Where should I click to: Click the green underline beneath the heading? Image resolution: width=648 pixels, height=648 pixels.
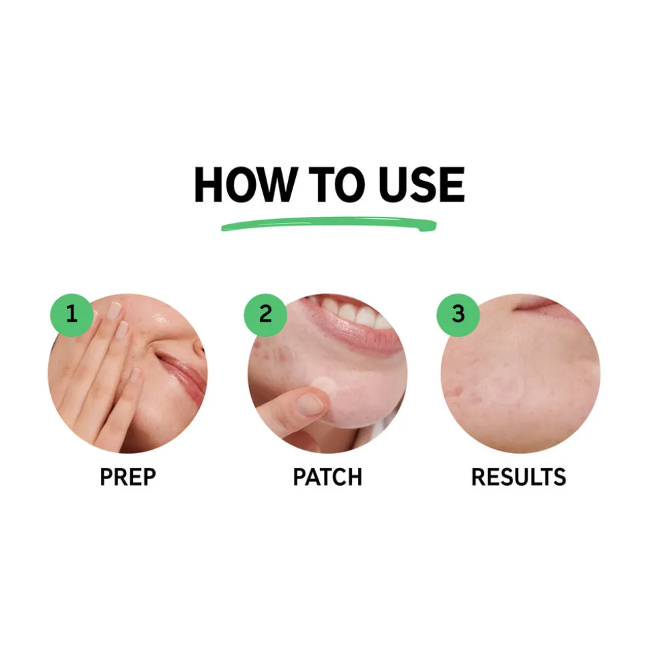click(x=329, y=224)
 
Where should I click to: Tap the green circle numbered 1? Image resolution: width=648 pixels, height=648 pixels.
click(x=71, y=315)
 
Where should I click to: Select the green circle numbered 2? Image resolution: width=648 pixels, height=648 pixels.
click(x=265, y=315)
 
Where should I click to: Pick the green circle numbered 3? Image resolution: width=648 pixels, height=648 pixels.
click(x=458, y=315)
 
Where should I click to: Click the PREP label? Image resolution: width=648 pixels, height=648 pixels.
click(x=128, y=476)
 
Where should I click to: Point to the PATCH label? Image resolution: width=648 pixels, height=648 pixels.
click(x=327, y=476)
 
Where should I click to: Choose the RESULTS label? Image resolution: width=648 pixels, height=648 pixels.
click(x=518, y=476)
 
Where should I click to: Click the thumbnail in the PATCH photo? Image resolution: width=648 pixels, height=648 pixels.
click(x=310, y=404)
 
